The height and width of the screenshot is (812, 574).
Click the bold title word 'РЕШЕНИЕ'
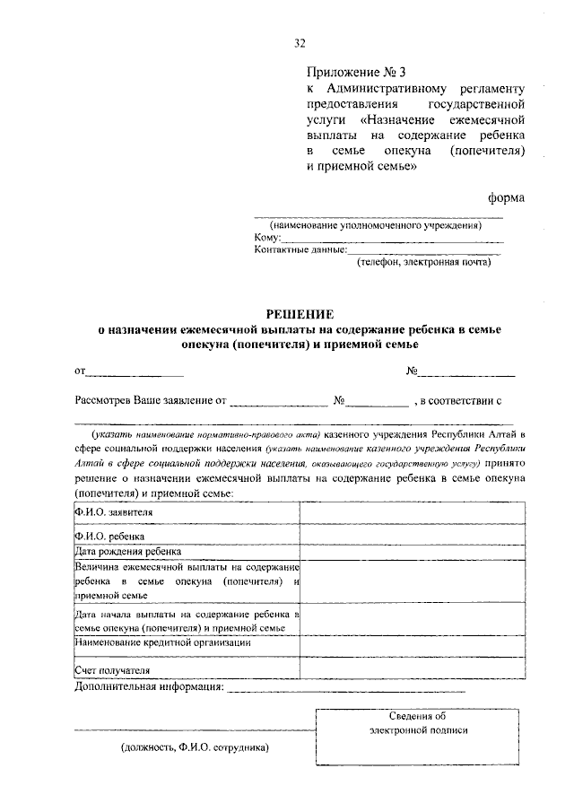pyautogui.click(x=300, y=314)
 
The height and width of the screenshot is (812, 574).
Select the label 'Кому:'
pyautogui.click(x=268, y=238)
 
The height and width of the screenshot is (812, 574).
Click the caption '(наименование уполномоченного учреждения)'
pyautogui.click(x=378, y=225)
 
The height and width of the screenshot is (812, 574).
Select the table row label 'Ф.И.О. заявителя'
pyautogui.click(x=114, y=512)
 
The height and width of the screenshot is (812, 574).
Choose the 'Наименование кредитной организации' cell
pyautogui.click(x=162, y=642)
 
